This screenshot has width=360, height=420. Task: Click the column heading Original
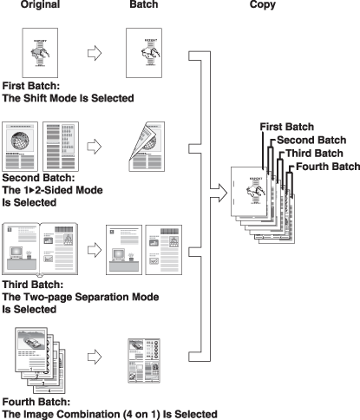click(x=40, y=4)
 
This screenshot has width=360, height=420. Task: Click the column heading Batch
click(x=144, y=4)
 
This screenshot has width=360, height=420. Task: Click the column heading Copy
click(x=263, y=4)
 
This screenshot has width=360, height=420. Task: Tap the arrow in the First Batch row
click(x=95, y=53)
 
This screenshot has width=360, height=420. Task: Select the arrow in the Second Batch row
click(x=95, y=147)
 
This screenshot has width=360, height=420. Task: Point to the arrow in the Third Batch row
click(x=95, y=250)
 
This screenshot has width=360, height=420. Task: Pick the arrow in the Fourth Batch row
click(x=95, y=357)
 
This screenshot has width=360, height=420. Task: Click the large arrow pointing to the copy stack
click(x=219, y=193)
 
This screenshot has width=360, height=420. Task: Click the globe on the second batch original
click(x=20, y=141)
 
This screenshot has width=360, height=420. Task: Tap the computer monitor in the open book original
click(x=16, y=253)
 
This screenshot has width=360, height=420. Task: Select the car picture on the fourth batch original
click(x=32, y=340)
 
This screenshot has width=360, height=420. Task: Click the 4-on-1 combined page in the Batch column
click(x=144, y=361)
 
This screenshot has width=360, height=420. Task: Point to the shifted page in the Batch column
click(x=144, y=53)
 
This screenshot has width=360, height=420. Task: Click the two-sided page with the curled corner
click(x=147, y=147)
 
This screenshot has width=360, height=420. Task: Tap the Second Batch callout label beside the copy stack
click(x=311, y=140)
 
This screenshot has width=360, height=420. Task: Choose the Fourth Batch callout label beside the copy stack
click(x=328, y=167)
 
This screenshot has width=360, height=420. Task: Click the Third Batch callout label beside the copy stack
click(x=314, y=154)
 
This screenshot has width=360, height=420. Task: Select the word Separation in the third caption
click(x=101, y=297)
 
